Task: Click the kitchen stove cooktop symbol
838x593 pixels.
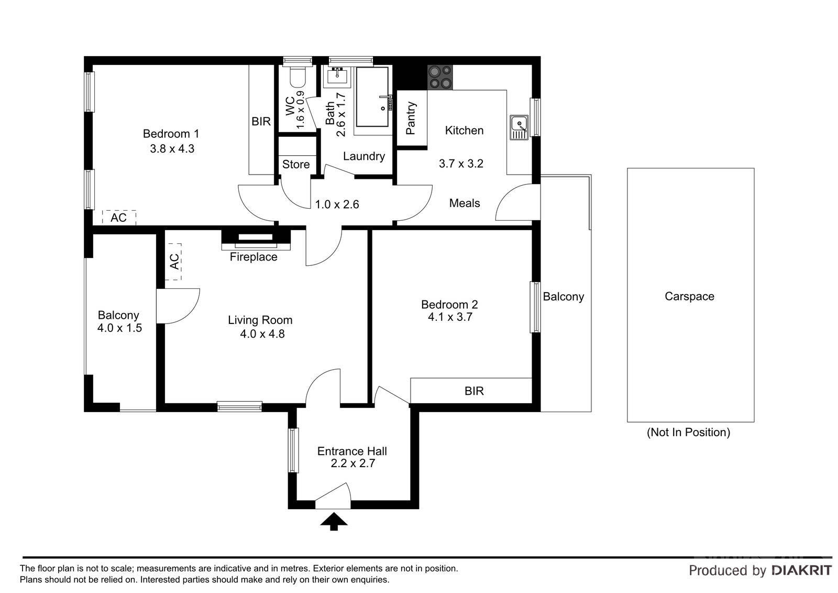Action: coord(440,77)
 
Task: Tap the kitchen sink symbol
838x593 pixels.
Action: coord(519,127)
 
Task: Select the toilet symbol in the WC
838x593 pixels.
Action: coord(298,76)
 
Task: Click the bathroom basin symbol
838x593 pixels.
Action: coord(337,77)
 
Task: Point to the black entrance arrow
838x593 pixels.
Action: coord(334,522)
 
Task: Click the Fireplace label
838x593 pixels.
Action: coord(253,257)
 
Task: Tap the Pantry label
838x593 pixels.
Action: coord(411,118)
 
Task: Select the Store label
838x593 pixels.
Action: coord(296,165)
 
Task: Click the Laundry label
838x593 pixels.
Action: coord(364,156)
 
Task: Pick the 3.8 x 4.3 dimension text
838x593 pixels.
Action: coord(172,149)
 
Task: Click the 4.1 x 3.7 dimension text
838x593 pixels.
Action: coord(450,317)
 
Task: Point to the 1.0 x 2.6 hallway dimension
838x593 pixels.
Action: coord(337,204)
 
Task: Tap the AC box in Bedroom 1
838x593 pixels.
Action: coord(119,218)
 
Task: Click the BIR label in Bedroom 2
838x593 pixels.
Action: coord(474,391)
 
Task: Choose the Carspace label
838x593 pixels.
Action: coord(689,296)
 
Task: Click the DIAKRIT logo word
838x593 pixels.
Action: coord(802,570)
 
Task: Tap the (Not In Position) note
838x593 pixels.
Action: coord(688,432)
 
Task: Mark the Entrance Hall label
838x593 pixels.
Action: coord(352,451)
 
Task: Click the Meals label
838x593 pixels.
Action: coord(465,203)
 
